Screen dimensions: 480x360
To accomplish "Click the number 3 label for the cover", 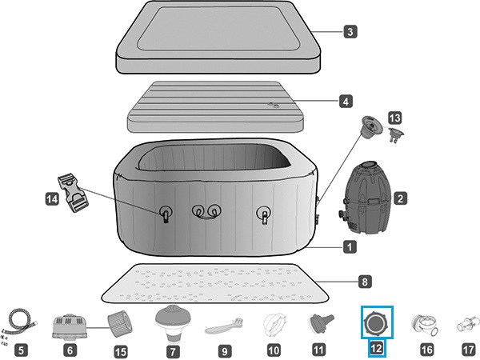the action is point(350,31).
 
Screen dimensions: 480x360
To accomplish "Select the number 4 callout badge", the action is point(346,102).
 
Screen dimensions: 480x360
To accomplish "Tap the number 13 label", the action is point(395,118).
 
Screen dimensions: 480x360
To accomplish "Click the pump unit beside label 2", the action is point(365,198).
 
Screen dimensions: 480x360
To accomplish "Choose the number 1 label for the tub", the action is point(350,246).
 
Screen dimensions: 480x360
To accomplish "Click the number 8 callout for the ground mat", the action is point(365,282).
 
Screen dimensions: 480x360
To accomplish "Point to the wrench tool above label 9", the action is point(224,326).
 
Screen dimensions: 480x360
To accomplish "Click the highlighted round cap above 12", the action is point(377,322).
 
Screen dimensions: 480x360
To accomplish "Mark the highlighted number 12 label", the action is point(377,348).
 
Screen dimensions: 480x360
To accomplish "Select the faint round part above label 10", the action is point(274,325).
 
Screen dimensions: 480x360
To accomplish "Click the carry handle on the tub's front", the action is point(207,212).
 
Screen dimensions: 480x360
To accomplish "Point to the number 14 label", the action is point(52,199).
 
